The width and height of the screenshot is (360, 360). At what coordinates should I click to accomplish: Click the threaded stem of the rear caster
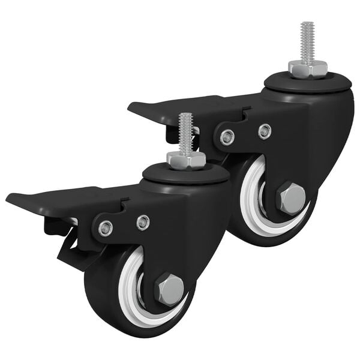(307, 42)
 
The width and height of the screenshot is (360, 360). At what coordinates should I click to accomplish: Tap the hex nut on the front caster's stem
(186, 160)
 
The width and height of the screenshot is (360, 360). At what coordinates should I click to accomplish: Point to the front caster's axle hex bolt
(170, 289)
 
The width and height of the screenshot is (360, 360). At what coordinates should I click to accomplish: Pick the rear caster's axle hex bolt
(291, 198)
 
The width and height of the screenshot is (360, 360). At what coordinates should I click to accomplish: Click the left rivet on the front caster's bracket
(106, 228)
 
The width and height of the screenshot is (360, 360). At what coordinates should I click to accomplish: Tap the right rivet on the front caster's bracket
(143, 222)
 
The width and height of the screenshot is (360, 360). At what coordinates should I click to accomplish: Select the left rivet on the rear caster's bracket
(227, 137)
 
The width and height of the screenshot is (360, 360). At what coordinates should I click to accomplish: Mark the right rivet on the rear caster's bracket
(264, 131)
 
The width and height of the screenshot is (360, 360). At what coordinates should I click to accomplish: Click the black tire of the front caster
(102, 300)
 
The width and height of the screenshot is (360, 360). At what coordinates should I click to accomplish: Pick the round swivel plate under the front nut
(186, 175)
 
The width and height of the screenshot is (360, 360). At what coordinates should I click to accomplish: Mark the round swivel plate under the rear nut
(307, 83)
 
